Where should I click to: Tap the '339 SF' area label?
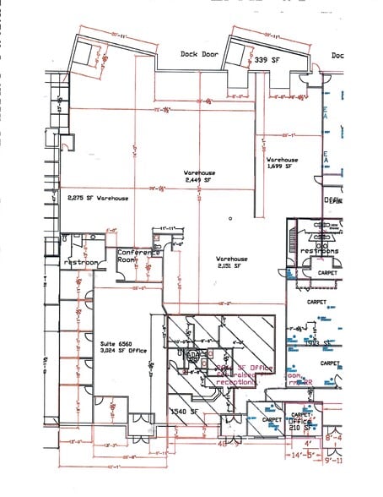[267, 60]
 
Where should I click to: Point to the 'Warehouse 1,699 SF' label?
[283, 163]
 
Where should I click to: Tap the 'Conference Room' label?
[138, 256]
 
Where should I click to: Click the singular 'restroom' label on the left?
[82, 263]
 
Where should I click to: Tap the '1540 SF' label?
[183, 412]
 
